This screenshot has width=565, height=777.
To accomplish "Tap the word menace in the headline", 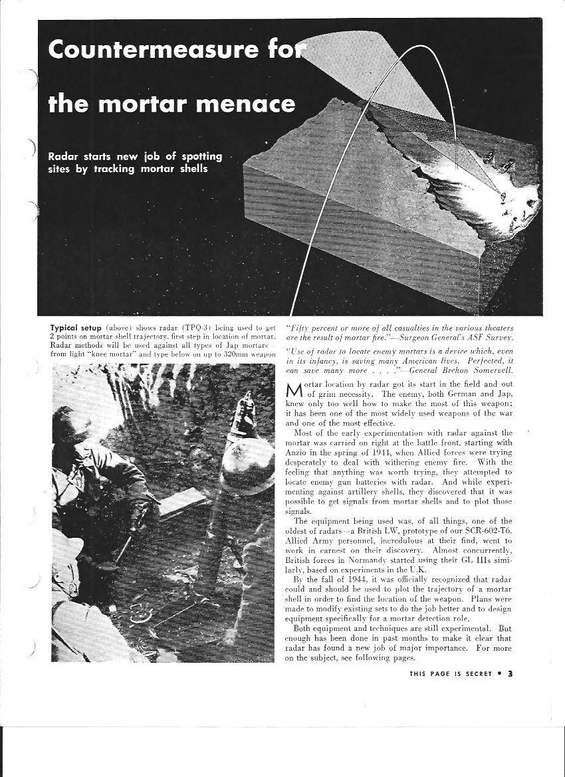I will coord(255,104).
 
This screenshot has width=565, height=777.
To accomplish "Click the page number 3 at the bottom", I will coord(510,673).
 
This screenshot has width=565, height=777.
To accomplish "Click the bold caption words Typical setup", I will coord(74,328).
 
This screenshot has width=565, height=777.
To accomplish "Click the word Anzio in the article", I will coord(297,452).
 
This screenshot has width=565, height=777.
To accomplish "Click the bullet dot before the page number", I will coord(499,673).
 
